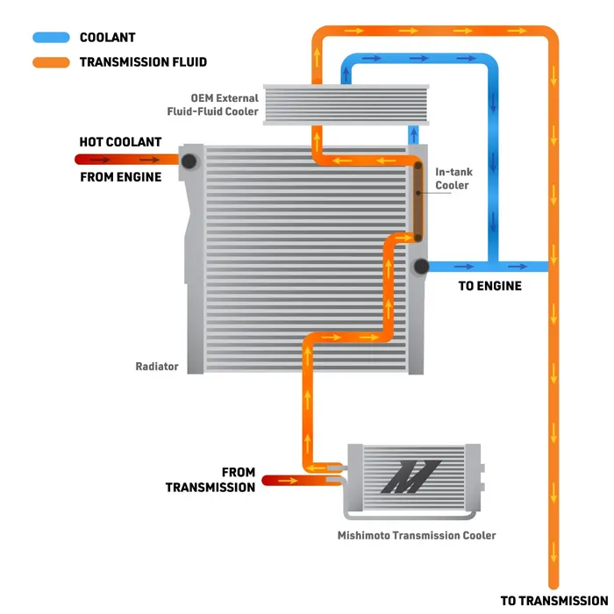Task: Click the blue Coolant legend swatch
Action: tap(51, 38)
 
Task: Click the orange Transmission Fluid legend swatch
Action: tap(51, 62)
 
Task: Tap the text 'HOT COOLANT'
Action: tap(120, 142)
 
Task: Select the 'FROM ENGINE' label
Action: tap(120, 177)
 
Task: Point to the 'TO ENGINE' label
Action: tap(489, 286)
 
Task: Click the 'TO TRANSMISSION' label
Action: tap(554, 601)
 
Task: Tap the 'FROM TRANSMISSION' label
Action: tap(211, 480)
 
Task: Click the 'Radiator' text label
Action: tap(157, 367)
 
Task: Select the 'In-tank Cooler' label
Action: tap(452, 179)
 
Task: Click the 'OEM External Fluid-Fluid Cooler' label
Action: tap(212, 104)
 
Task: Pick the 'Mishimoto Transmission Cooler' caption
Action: tap(417, 536)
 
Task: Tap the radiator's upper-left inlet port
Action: tap(189, 161)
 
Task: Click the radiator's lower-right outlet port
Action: tap(419, 267)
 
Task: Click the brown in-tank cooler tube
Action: tap(418, 202)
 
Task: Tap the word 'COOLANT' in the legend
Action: tap(107, 38)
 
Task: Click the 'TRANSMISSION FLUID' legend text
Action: tap(143, 62)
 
